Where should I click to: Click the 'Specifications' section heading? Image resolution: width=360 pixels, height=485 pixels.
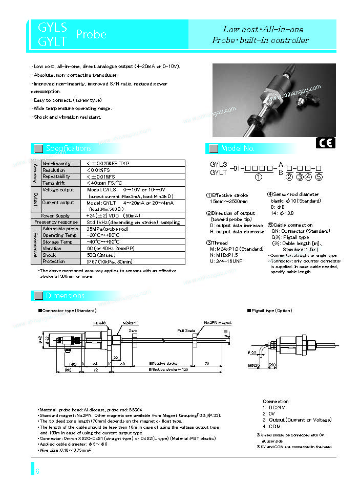pos(68,149)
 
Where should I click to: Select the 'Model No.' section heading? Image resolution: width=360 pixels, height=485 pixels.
pos(237,149)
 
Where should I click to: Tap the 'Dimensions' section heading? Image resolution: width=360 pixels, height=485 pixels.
pos(65,296)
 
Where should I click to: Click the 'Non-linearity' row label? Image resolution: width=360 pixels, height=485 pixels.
pos(56,164)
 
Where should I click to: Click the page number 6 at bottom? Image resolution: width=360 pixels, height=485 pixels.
pos(37,471)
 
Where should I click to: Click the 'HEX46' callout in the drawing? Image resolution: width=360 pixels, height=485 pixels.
pos(99,323)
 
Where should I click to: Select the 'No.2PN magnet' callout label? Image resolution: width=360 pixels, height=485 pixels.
pos(218,323)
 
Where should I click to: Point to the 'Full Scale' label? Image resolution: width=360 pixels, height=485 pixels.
pos(186,330)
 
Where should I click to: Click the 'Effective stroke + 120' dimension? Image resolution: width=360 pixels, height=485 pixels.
pos(168,369)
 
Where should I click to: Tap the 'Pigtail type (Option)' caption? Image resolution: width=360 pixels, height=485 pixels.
pos(270,311)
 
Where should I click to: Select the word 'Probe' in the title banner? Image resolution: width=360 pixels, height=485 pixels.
pos(91,34)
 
